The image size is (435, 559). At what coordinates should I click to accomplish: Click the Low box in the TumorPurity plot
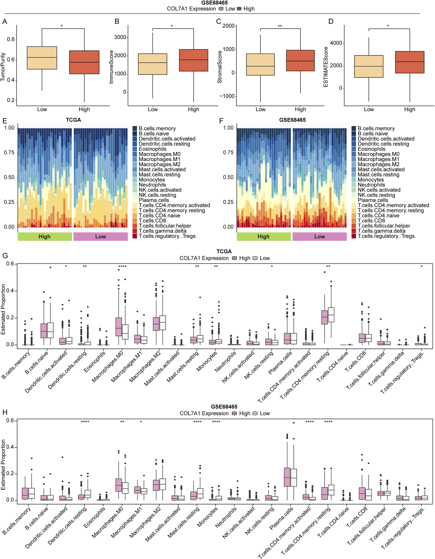coord(42,58)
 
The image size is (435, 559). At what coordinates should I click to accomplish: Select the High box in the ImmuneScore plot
coord(193,60)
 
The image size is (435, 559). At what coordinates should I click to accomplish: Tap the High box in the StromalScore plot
coord(300,61)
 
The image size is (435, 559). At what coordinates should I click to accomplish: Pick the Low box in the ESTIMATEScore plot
coord(369,67)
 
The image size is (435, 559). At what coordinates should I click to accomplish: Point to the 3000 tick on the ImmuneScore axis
coord(120,37)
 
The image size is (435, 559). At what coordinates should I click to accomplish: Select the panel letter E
coord(5,121)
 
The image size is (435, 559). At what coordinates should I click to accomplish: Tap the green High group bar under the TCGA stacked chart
coord(45,236)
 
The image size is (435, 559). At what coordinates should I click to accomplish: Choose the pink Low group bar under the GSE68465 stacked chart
coord(319,236)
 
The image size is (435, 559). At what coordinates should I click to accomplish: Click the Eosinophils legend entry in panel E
coord(152,149)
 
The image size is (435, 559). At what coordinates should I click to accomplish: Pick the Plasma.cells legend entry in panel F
coord(373,200)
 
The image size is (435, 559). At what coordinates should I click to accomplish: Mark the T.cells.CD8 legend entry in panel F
coord(371,221)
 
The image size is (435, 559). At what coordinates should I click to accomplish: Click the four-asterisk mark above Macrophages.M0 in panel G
coord(122,267)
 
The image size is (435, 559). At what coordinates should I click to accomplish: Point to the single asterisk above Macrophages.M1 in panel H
coord(141,422)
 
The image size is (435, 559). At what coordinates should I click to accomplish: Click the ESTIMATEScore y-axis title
coord(326,67)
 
